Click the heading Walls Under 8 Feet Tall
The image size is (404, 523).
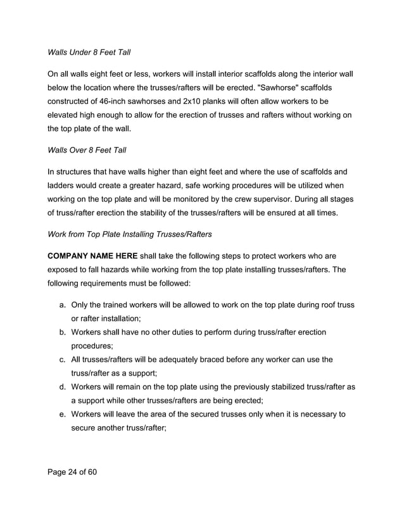[x=89, y=51]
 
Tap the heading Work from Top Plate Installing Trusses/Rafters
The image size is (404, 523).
[x=130, y=234]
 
